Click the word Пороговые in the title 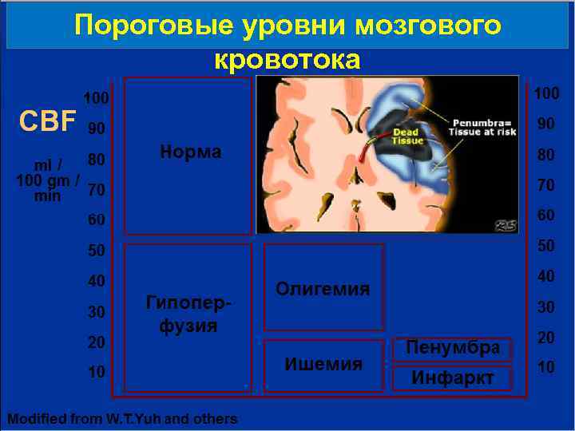click(147, 26)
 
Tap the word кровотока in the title click(287, 59)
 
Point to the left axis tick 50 click(97, 251)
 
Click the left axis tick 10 click(97, 373)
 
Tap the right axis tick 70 click(546, 185)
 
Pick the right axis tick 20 click(546, 338)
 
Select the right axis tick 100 click(546, 94)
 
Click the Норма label click(191, 152)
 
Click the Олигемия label click(323, 288)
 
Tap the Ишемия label click(323, 364)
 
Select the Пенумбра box click(453, 348)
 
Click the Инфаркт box click(453, 378)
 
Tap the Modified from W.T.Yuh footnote click(122, 418)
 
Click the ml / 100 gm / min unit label click(46, 180)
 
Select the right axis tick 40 click(546, 276)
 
